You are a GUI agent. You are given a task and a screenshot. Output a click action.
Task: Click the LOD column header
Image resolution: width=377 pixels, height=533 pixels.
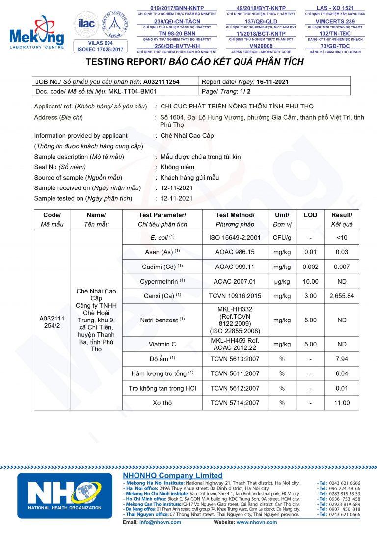click(310, 215)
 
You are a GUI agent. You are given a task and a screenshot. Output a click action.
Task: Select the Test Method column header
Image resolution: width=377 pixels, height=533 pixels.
click(235, 215)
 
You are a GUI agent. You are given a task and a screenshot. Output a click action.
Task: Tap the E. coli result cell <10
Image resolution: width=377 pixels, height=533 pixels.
click(342, 238)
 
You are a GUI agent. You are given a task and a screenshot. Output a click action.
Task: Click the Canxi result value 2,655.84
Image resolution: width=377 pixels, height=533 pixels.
click(342, 296)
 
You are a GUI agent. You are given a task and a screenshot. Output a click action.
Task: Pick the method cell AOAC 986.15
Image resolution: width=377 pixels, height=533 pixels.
click(235, 252)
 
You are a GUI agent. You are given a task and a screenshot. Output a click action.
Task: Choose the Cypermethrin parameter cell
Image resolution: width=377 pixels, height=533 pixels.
click(164, 281)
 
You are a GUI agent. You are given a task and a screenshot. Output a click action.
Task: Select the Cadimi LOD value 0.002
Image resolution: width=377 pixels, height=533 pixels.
click(310, 266)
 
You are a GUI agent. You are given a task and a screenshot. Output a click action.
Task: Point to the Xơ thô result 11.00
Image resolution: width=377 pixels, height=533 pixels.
click(342, 403)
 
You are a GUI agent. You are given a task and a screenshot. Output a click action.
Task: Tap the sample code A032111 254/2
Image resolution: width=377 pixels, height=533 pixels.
click(52, 322)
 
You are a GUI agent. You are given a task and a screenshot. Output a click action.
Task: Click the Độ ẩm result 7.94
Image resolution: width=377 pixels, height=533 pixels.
click(342, 359)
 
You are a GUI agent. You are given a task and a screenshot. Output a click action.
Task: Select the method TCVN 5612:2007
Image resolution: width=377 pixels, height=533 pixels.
click(235, 388)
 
